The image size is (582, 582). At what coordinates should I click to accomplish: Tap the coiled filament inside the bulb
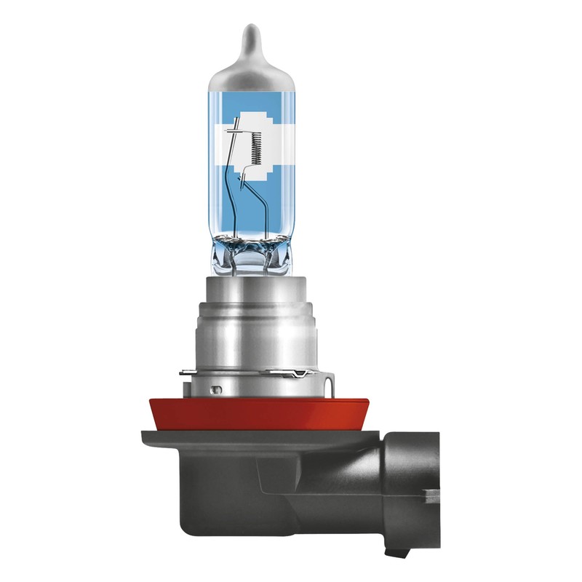253,148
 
